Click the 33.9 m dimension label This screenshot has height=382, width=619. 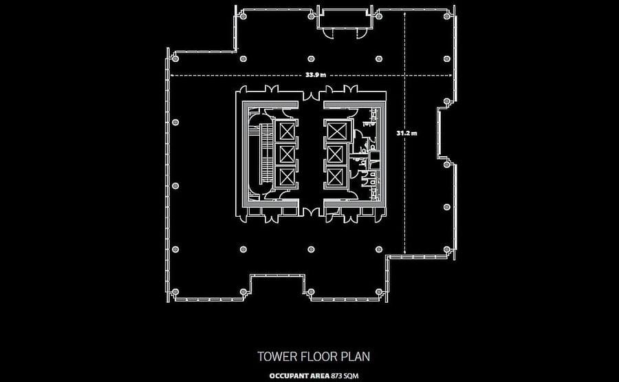[x=316, y=74]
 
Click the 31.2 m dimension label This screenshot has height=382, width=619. [x=406, y=133]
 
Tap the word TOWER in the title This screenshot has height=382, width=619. [x=277, y=357]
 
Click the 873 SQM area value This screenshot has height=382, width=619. [x=345, y=376]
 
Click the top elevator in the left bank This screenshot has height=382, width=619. [x=287, y=131]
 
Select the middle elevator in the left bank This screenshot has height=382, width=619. [x=287, y=154]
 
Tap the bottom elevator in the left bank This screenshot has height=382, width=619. [x=287, y=176]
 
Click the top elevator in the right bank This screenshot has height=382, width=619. [x=337, y=131]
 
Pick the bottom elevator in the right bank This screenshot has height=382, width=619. [x=335, y=176]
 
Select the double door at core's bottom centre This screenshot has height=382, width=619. [x=311, y=212]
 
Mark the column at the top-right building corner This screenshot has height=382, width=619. [x=446, y=17]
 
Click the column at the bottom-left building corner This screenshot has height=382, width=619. [x=175, y=292]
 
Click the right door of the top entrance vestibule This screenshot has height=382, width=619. [x=360, y=34]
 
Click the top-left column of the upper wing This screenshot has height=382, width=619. [x=243, y=17]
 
